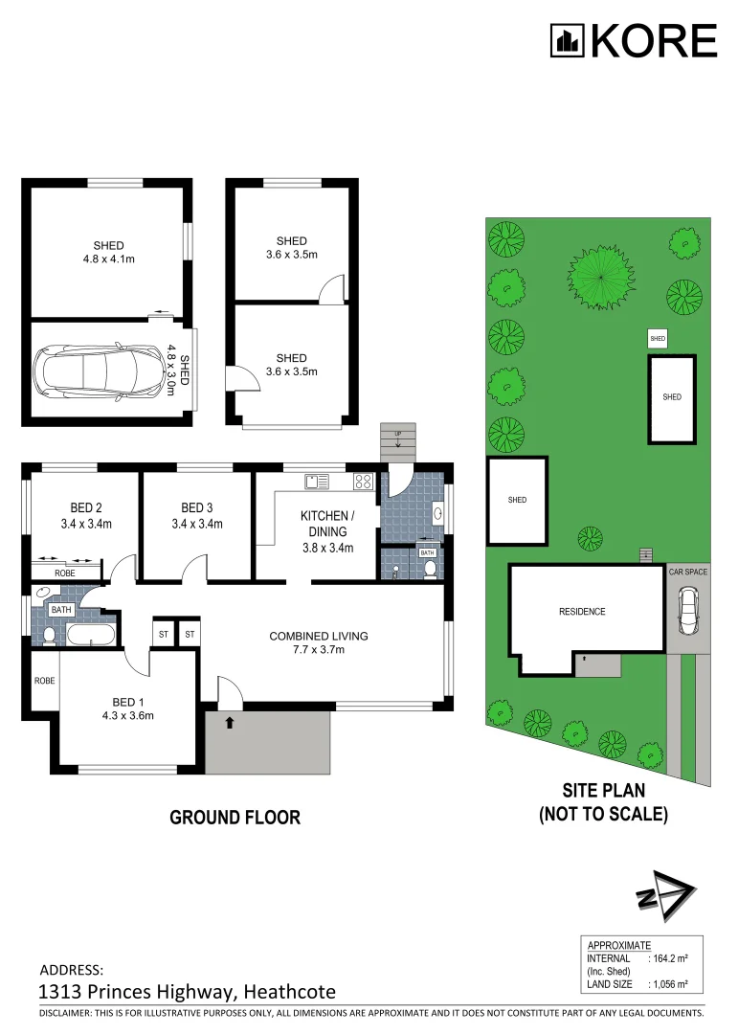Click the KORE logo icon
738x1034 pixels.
click(x=567, y=41)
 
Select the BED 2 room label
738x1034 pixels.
click(x=86, y=507)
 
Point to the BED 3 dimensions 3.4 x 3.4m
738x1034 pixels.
click(x=197, y=524)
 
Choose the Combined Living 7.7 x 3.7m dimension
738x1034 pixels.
click(x=319, y=650)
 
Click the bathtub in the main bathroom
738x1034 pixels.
click(x=91, y=634)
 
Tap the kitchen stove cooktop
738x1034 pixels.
click(x=363, y=481)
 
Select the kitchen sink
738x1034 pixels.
click(x=317, y=481)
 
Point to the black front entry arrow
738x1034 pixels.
click(x=229, y=723)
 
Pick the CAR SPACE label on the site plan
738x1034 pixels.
click(x=687, y=572)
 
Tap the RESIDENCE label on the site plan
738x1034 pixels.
click(x=582, y=612)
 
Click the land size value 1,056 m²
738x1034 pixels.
click(x=669, y=984)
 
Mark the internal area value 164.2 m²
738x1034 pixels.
click(x=670, y=958)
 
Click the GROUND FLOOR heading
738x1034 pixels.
click(x=235, y=818)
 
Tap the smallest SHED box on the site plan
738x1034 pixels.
click(x=657, y=339)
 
